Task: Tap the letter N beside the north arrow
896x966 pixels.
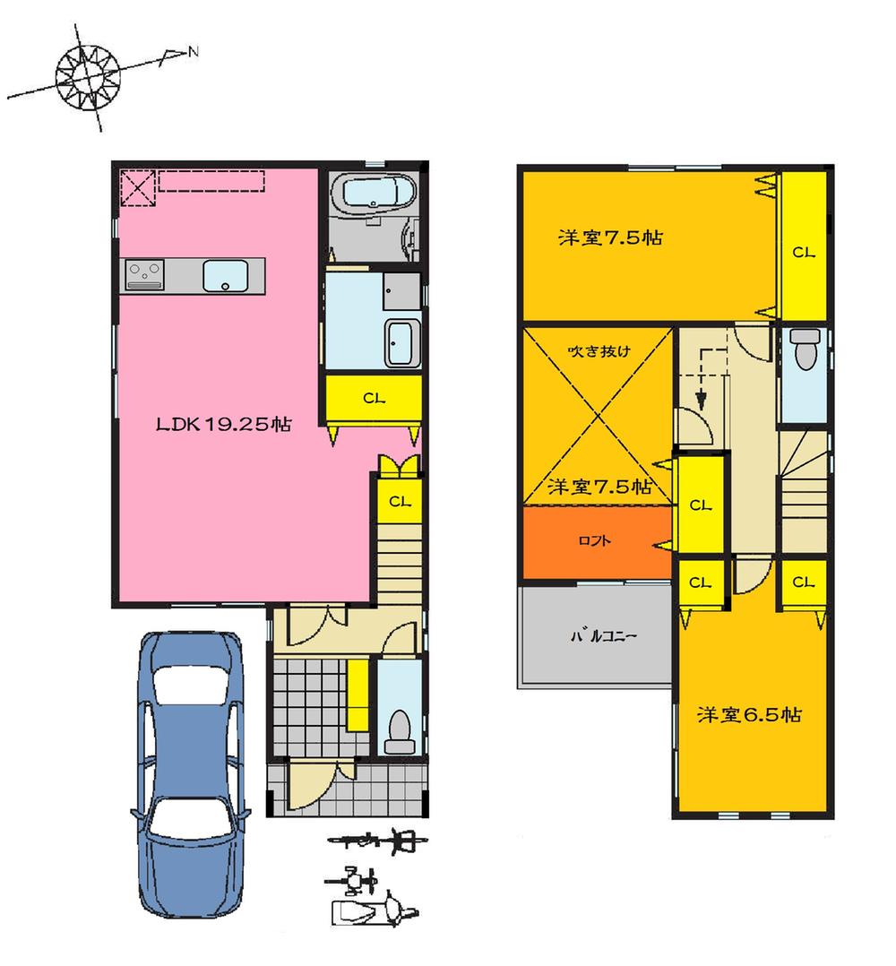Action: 193,53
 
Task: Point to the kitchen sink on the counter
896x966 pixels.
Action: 224,274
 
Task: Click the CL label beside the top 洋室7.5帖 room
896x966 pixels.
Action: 803,253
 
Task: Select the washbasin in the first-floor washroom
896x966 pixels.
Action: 400,342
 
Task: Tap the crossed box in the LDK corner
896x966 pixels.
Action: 137,188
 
